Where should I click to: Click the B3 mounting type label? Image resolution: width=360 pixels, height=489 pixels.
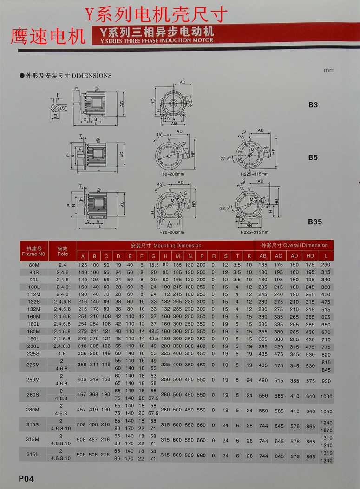[313, 105]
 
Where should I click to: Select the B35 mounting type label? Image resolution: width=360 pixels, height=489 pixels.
[314, 222]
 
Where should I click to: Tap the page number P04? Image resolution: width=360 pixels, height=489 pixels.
[26, 478]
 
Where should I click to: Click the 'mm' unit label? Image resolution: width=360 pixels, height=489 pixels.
[329, 70]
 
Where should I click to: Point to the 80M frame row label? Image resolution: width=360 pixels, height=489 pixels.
[34, 265]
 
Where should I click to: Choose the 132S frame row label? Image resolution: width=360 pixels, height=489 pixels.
[34, 302]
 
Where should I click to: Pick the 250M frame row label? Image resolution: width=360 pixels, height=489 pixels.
[34, 380]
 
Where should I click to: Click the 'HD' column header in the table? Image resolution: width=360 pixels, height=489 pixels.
[309, 256]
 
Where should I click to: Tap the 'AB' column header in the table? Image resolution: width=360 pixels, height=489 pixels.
[263, 256]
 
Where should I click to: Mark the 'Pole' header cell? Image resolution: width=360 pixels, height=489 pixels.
[62, 251]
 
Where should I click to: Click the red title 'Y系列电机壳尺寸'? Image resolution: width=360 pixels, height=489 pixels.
[156, 15]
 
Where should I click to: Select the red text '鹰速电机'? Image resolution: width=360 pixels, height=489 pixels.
[48, 36]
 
